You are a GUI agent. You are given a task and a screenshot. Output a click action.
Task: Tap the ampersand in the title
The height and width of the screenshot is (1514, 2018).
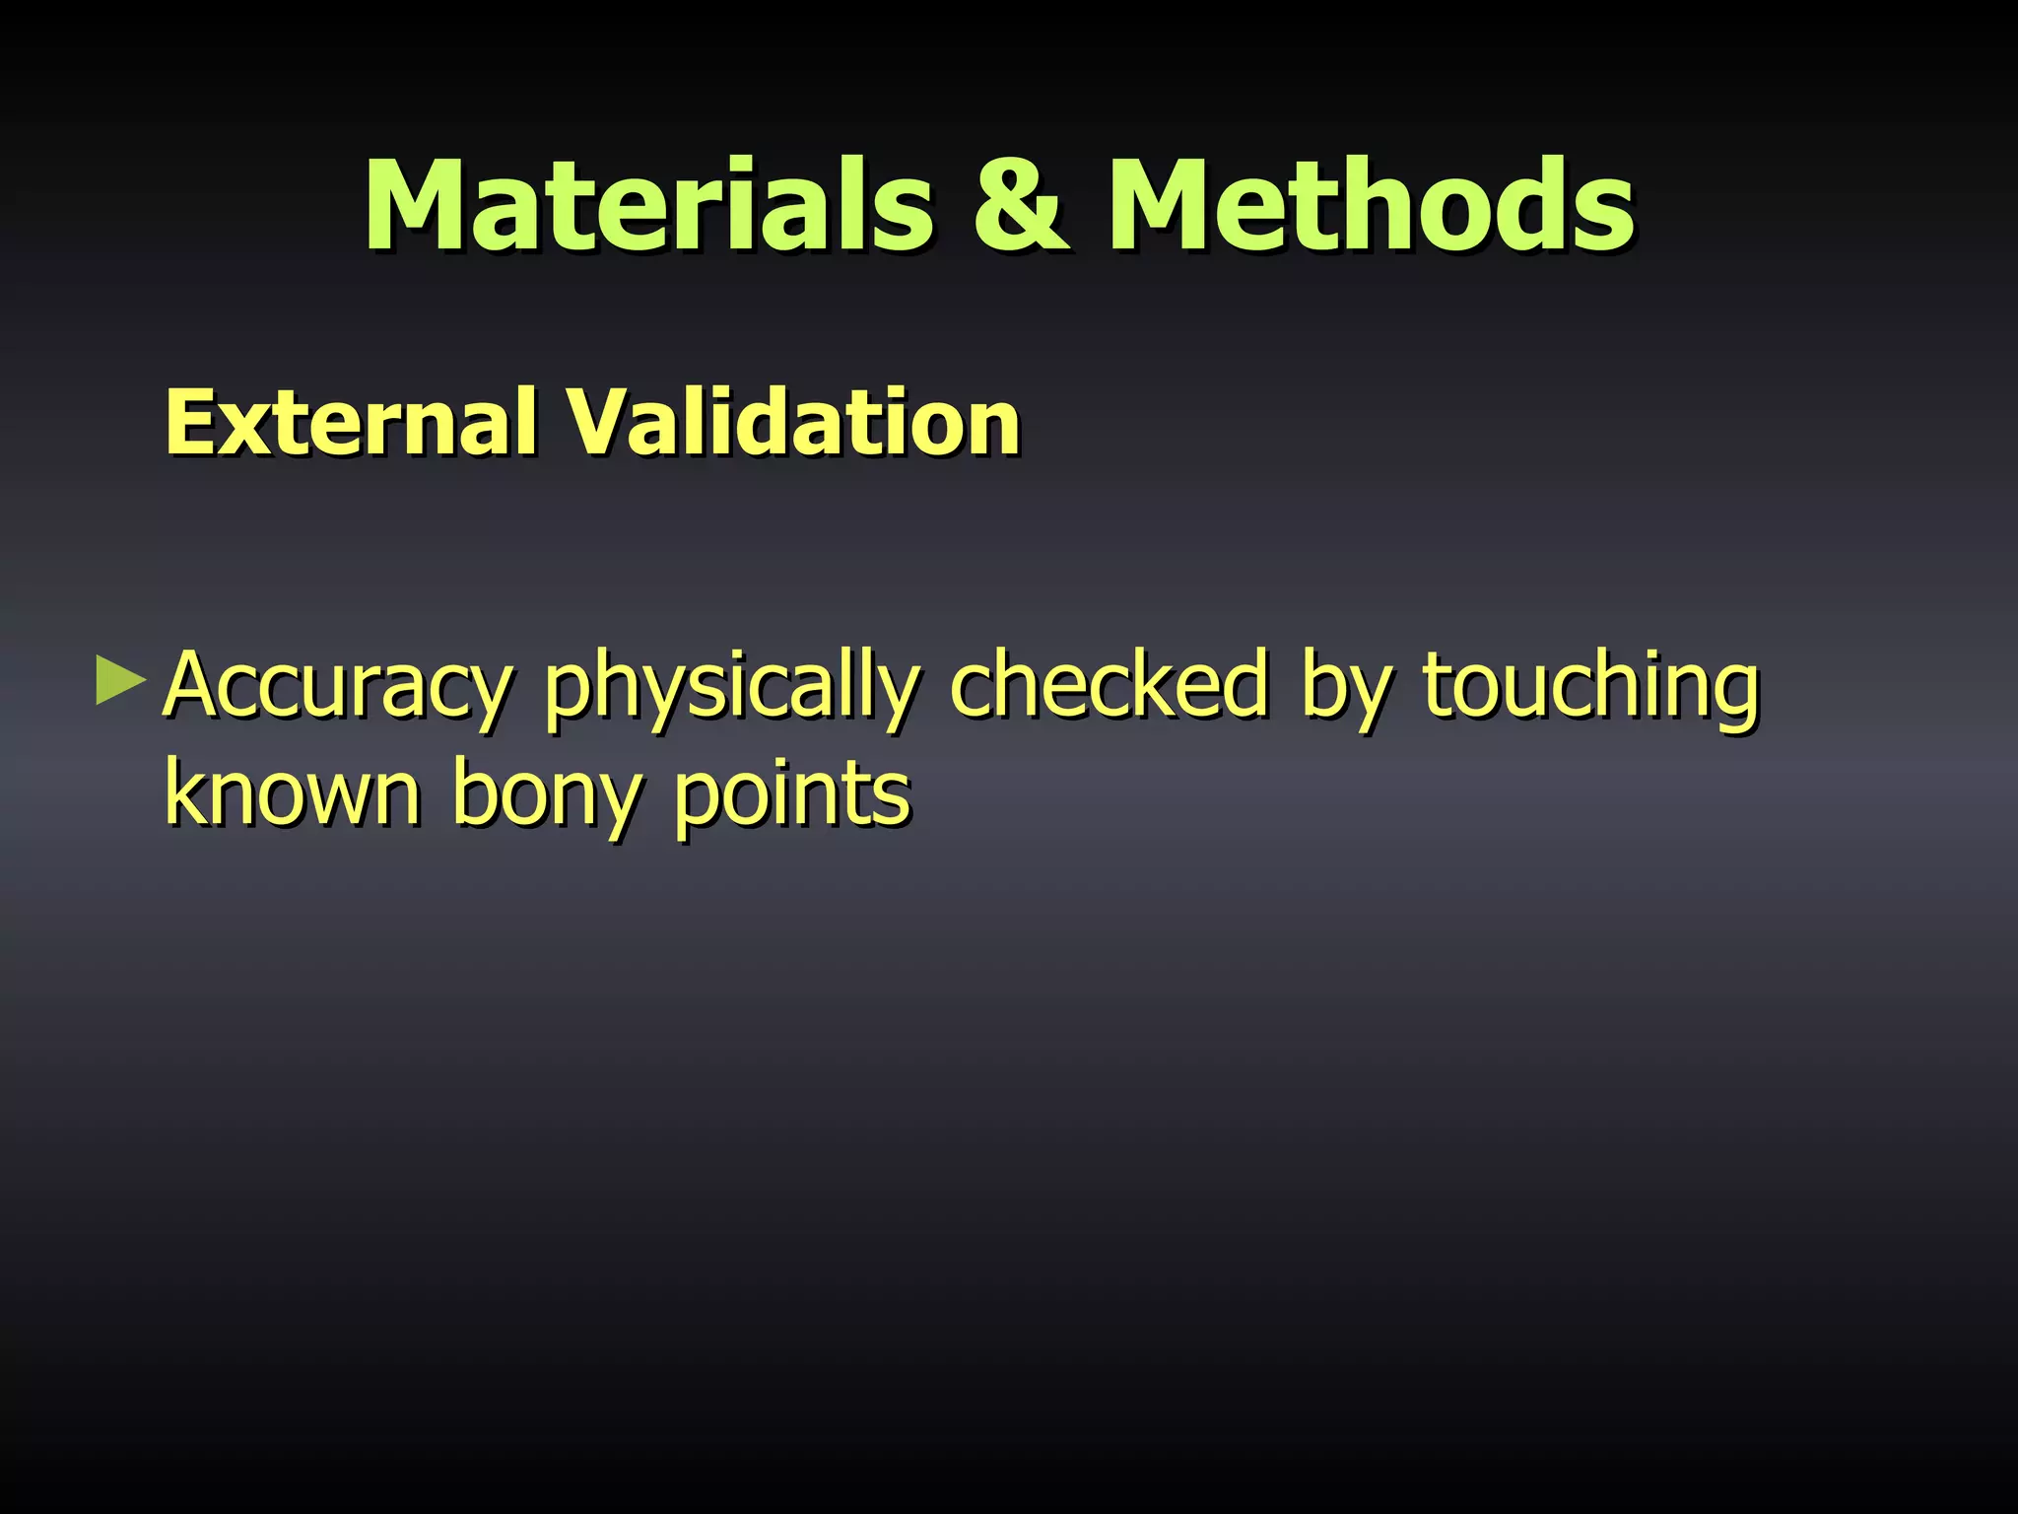pos(1020,206)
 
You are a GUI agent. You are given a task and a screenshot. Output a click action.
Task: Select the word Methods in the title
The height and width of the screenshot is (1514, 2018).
pos(1371,206)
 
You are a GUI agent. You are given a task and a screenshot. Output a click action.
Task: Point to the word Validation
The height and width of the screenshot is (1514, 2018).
pos(792,423)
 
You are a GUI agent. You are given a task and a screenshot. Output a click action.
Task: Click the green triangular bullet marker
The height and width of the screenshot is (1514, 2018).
pos(120,683)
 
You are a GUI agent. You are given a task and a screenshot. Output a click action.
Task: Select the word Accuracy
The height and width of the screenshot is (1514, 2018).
pos(338,686)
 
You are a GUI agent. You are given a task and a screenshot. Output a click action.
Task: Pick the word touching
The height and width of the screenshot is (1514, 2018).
pos(1590,688)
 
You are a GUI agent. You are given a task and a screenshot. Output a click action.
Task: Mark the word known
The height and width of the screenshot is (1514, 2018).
pos(293,793)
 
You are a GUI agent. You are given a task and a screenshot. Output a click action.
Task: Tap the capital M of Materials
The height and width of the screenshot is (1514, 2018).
pos(422,206)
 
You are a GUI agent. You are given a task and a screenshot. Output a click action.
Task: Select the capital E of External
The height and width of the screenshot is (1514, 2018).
pos(189,423)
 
